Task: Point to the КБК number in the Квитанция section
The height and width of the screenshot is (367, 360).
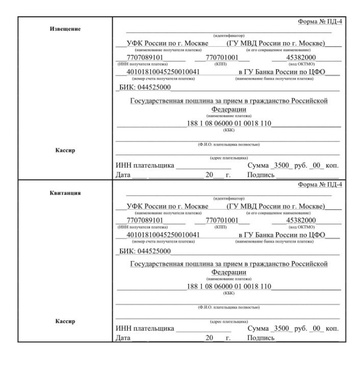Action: click(229, 286)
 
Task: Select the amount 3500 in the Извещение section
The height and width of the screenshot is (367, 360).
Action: click(282, 166)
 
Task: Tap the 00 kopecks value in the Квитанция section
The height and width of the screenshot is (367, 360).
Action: click(318, 329)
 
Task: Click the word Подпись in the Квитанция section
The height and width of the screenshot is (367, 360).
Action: click(261, 338)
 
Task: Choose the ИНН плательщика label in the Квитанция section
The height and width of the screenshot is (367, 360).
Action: click(145, 329)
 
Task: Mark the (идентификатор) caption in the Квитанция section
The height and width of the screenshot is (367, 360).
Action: click(229, 198)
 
